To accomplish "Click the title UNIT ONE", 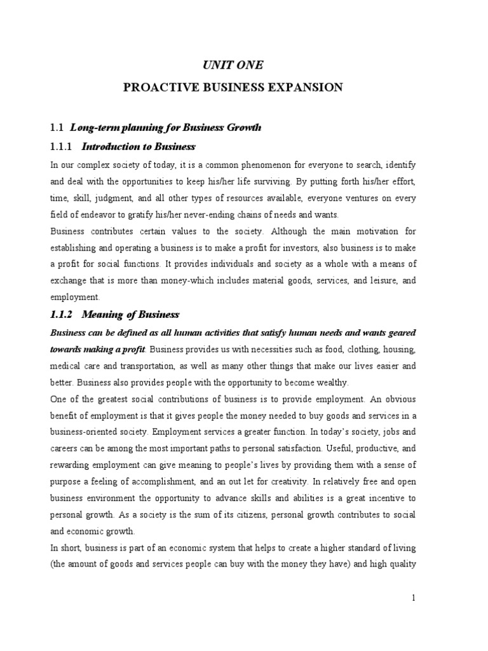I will [x=233, y=65].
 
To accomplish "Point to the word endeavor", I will [x=109, y=214].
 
